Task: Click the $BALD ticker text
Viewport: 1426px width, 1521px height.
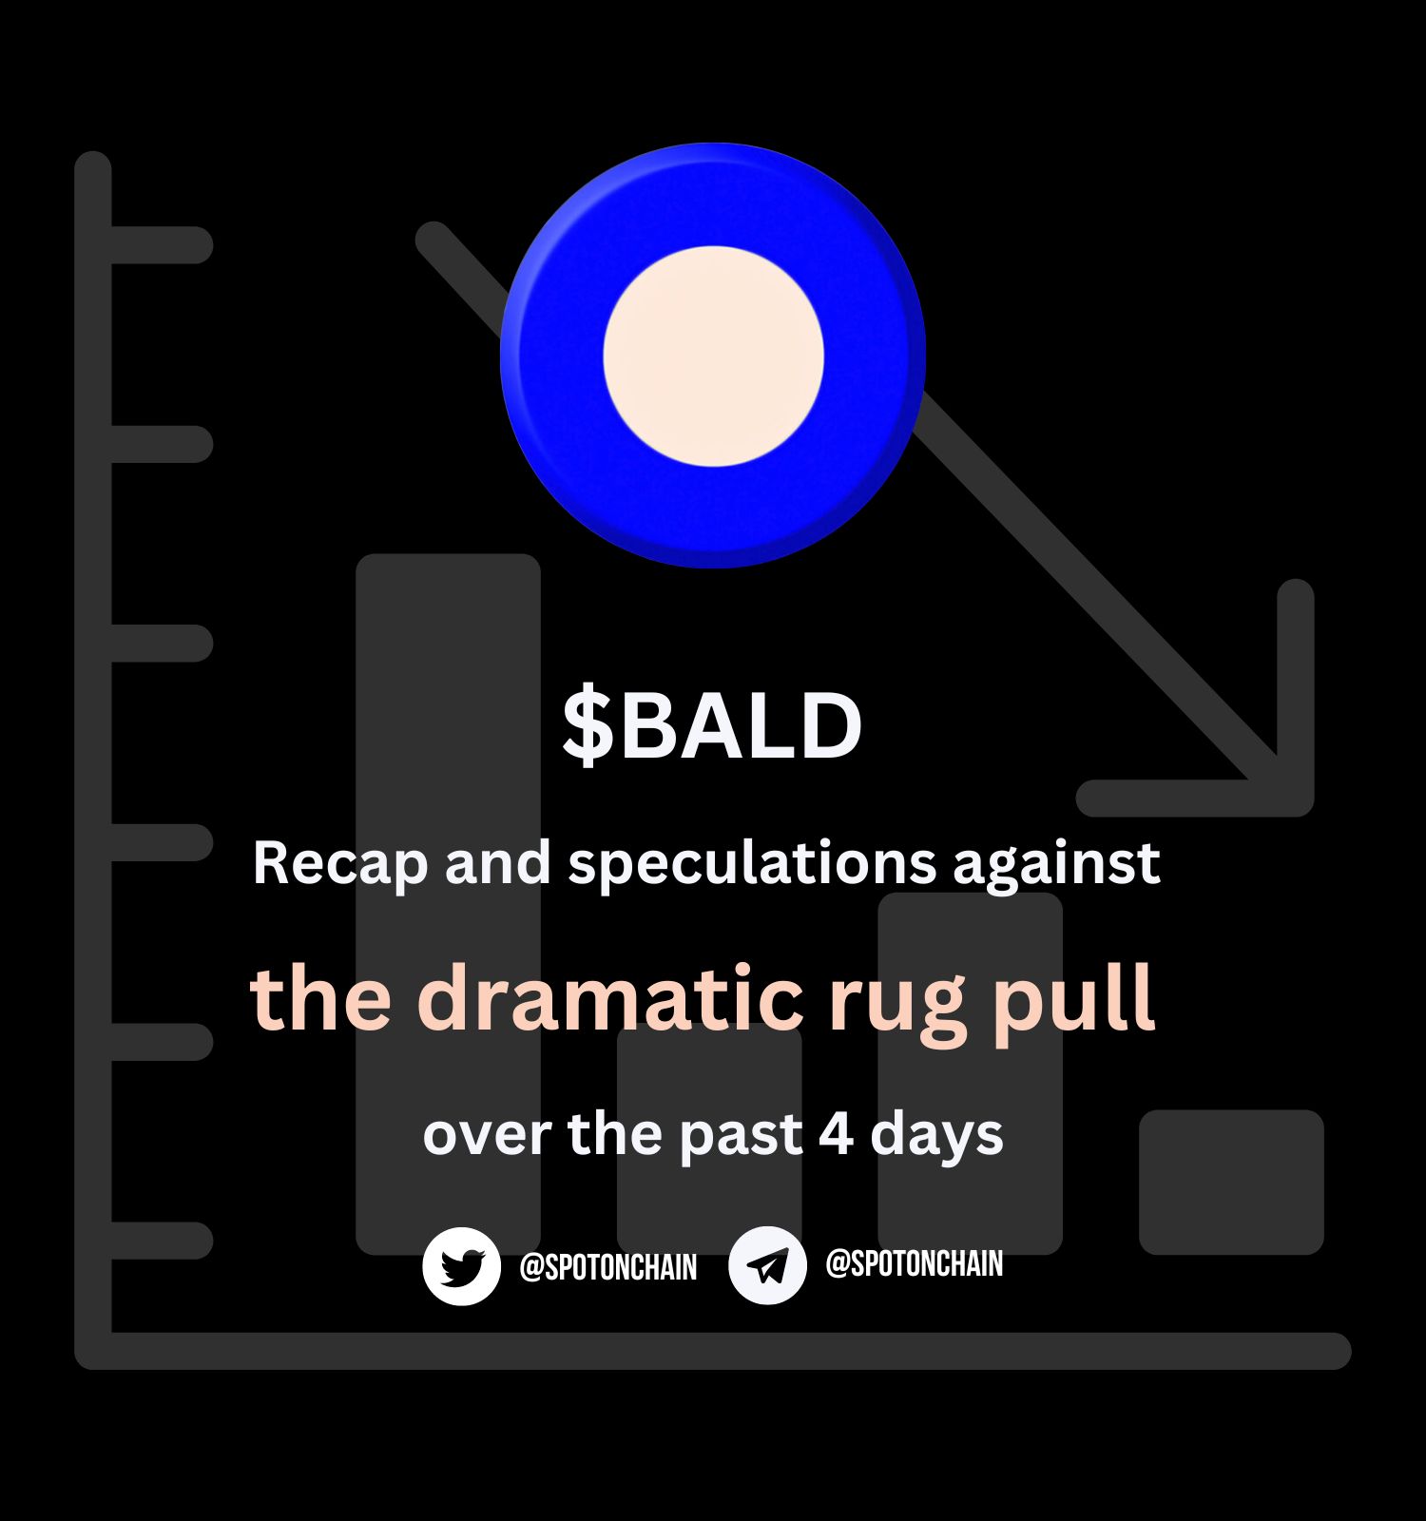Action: point(712,725)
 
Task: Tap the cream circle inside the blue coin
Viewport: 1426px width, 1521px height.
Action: point(713,356)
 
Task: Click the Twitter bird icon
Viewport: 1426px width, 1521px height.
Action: point(462,1266)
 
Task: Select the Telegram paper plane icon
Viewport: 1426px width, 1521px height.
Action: point(767,1264)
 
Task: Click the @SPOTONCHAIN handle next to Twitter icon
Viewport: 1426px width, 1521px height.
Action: point(608,1267)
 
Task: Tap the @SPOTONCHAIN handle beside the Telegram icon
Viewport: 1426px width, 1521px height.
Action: point(915,1263)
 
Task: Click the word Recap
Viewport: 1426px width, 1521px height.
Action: point(340,864)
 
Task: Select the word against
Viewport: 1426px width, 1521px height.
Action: point(1056,864)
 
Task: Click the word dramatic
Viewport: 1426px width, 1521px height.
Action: point(610,998)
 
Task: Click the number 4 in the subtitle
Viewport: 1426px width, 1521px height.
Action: point(836,1134)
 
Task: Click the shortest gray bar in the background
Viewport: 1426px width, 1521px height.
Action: point(1231,1182)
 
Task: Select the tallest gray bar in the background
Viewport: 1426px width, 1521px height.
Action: point(448,904)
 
